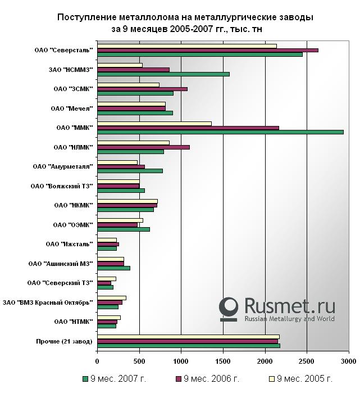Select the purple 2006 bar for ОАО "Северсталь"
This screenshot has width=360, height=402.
click(207, 50)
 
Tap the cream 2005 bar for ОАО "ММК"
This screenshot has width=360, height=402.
click(154, 124)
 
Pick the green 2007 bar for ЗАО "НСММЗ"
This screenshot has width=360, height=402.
click(163, 74)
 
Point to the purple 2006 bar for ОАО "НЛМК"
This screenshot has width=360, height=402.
click(143, 147)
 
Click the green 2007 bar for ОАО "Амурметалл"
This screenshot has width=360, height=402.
click(130, 171)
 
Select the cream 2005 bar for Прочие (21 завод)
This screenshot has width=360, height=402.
click(188, 337)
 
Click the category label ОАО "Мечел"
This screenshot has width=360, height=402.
click(72, 108)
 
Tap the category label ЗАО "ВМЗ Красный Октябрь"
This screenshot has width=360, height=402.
click(47, 302)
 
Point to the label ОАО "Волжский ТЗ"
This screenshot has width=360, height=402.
click(61, 186)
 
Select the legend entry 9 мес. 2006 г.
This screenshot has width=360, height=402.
click(207, 379)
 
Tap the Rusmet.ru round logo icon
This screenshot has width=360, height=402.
click(229, 308)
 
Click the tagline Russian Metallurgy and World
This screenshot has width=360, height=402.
click(289, 319)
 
